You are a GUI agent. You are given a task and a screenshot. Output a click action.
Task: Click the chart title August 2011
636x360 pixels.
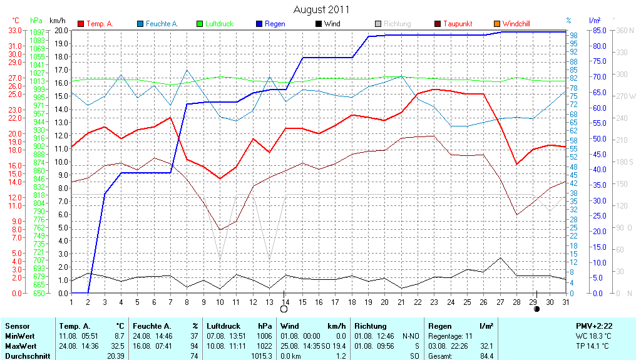tap(321, 9)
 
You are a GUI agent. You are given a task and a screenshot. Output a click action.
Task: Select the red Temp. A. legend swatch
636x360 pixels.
tap(81, 24)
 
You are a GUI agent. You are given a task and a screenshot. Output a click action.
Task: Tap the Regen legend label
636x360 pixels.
tap(275, 24)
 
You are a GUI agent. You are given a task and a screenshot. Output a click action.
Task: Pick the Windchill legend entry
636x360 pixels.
tap(516, 24)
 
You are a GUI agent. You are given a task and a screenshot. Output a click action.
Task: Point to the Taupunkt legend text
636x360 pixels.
tap(458, 24)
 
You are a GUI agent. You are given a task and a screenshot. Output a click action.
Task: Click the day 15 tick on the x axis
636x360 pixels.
tap(302, 302)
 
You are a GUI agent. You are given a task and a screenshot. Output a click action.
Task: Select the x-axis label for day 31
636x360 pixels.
tap(565, 302)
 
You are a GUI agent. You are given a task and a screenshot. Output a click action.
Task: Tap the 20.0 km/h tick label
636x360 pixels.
tap(61, 30)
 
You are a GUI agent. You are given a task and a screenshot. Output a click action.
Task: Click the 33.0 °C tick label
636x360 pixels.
tap(15, 30)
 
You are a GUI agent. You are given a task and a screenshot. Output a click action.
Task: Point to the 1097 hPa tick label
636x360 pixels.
tap(38, 32)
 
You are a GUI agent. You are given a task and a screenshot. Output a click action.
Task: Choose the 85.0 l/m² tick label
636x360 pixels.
tap(600, 30)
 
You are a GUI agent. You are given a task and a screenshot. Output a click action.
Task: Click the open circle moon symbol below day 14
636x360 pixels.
tap(284, 309)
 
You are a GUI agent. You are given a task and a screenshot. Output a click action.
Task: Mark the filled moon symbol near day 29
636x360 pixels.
tap(536, 309)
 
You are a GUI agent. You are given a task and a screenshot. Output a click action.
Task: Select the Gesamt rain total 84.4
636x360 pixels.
tap(486, 356)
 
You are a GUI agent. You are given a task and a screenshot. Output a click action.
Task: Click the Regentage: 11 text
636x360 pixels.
tap(451, 336)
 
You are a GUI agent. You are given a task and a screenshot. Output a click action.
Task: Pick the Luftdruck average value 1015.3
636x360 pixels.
tap(262, 356)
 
